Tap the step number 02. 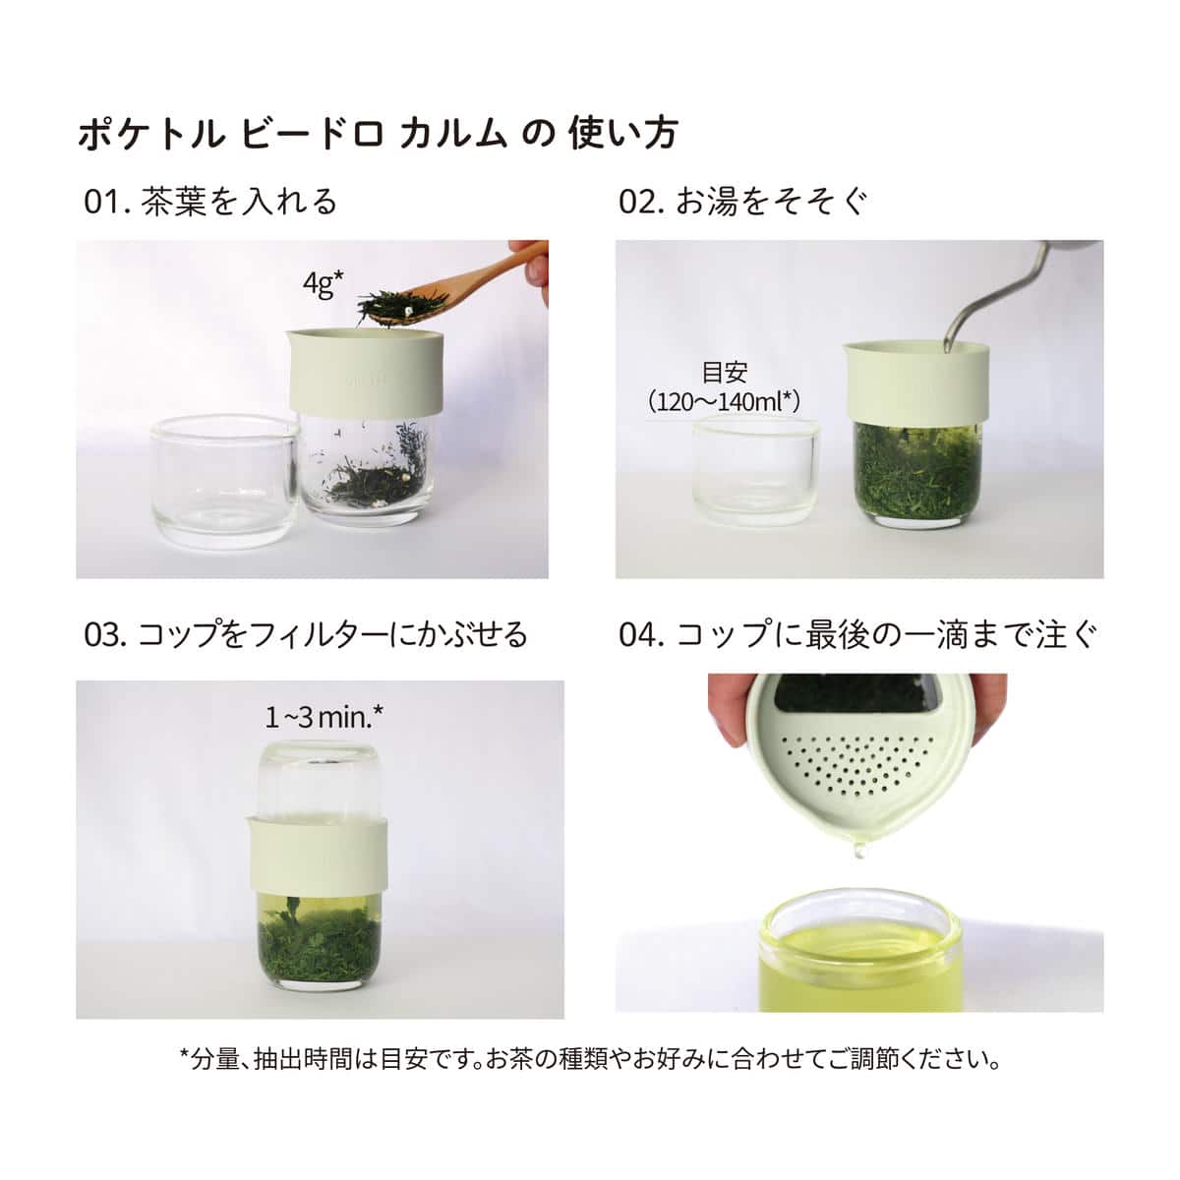pyautogui.click(x=641, y=202)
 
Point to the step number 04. pyautogui.click(x=642, y=634)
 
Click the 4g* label pyautogui.click(x=323, y=285)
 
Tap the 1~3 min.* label pyautogui.click(x=324, y=716)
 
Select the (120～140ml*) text pyautogui.click(x=725, y=401)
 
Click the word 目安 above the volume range pyautogui.click(x=725, y=373)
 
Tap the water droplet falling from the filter pyautogui.click(x=860, y=849)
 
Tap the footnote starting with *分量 pyautogui.click(x=590, y=1060)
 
